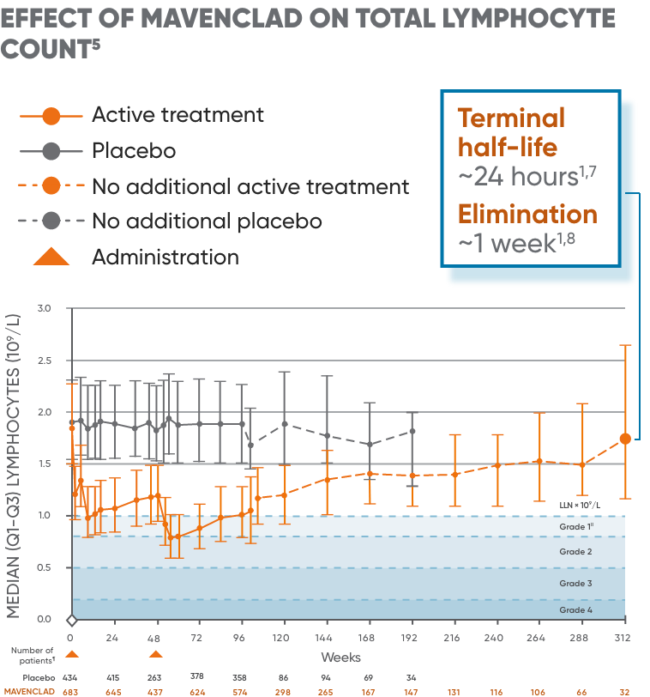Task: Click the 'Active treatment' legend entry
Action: pos(178,115)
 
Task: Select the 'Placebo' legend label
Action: pos(134,151)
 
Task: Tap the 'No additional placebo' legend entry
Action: pos(207,221)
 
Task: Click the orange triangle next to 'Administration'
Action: pos(51,256)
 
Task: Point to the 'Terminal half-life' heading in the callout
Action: pos(511,132)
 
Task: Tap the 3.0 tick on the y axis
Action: pos(45,308)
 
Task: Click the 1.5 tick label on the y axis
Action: pos(45,464)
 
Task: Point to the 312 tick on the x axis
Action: pos(623,639)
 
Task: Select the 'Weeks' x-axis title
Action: pos(340,658)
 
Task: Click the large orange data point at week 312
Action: pos(625,439)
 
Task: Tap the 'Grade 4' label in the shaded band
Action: pos(575,610)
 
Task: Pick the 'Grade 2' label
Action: pos(575,552)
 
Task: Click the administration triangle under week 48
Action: pos(156,654)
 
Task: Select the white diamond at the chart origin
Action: pos(72,620)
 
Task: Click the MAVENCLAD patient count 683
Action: pos(71,691)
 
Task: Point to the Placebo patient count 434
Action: pos(71,677)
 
